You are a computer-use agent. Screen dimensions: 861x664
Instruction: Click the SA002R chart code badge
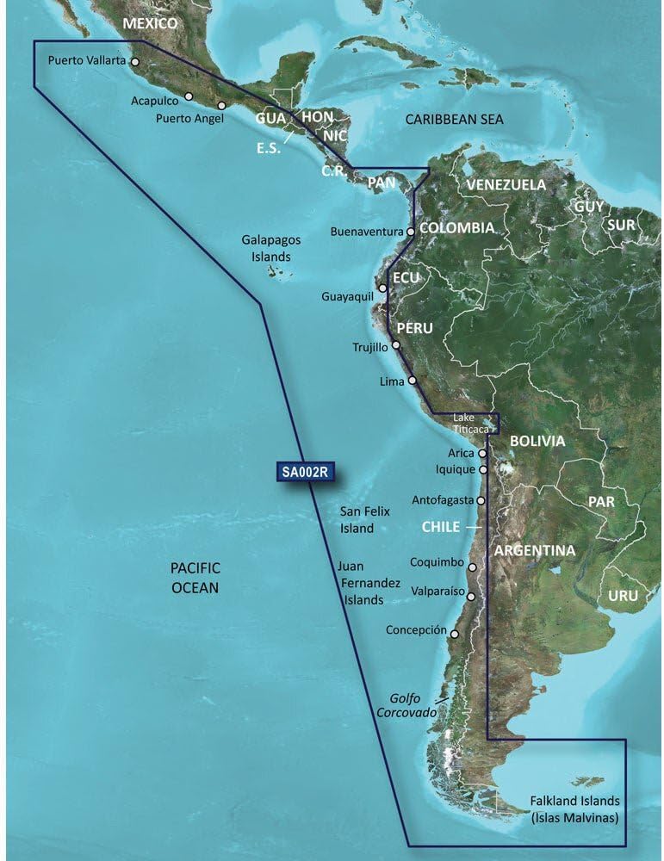point(307,471)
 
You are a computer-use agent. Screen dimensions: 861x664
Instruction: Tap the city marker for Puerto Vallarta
point(135,62)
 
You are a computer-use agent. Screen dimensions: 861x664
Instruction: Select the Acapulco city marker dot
point(189,96)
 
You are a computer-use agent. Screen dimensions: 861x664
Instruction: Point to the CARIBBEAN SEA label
point(455,120)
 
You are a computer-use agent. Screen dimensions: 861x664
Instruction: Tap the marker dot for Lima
point(413,381)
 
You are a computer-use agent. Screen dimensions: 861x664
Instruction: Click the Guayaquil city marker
point(382,288)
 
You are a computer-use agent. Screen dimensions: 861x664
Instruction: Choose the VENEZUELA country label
point(506,185)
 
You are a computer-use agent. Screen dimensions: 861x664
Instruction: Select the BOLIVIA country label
point(537,441)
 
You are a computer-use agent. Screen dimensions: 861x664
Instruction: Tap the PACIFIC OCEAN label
point(194,578)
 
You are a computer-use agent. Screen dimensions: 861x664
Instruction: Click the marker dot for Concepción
point(455,635)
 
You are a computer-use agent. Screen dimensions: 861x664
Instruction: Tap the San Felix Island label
point(357,519)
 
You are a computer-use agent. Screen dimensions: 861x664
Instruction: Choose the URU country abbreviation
point(624,596)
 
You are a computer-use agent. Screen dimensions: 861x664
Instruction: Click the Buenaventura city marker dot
point(412,232)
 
